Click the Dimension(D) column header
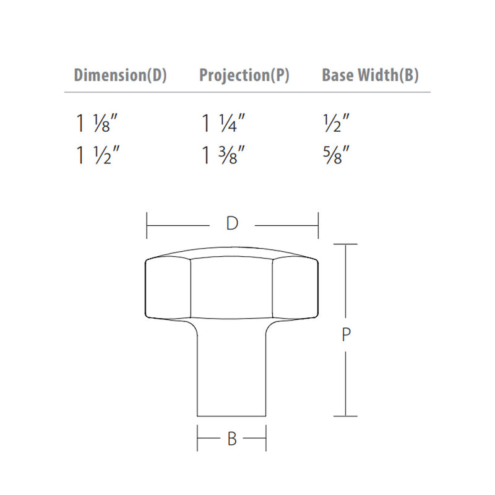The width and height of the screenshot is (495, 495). click(x=120, y=76)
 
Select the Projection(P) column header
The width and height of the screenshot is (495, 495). click(x=244, y=76)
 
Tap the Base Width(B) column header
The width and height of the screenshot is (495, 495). click(x=371, y=76)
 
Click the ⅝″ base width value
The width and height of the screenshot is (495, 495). click(x=337, y=155)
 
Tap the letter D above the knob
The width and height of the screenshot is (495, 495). click(x=232, y=224)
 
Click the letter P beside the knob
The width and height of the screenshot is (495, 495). click(x=346, y=335)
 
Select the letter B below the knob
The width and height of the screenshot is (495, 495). click(x=232, y=439)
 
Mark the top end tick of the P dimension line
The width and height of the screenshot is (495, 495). click(x=346, y=245)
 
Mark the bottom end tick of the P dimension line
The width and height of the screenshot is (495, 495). click(x=346, y=416)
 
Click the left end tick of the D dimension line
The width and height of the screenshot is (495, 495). click(x=147, y=225)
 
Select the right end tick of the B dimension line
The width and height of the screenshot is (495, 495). click(x=266, y=439)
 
